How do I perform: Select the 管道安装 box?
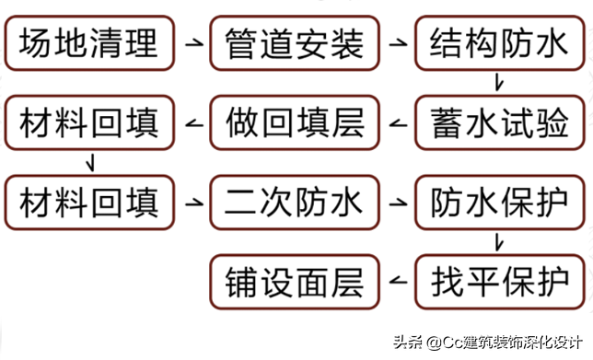(x=295, y=42)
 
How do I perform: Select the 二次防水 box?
(x=295, y=202)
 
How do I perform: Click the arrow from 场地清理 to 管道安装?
(x=192, y=42)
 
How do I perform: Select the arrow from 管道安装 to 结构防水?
(x=399, y=42)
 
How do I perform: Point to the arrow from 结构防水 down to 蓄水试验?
(x=498, y=83)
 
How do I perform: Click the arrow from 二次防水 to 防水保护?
(x=399, y=202)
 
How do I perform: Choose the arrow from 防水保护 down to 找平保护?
(x=498, y=242)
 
